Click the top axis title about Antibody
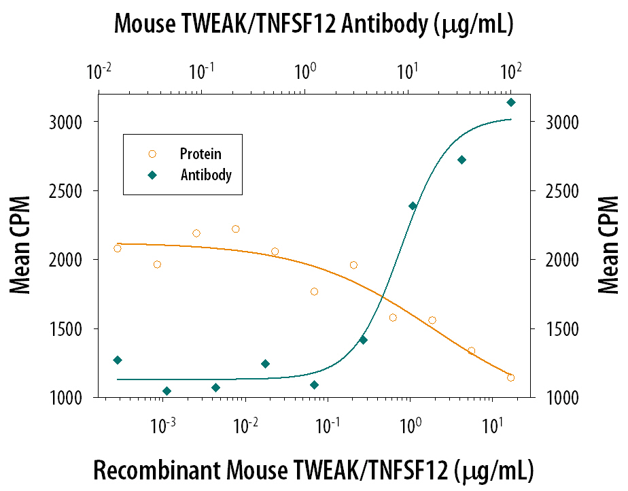pos(313,24)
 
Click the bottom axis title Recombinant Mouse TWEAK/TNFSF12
pos(313,470)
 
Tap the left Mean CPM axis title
pos(21,245)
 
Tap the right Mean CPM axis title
pos(608,245)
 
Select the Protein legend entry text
pos(200,154)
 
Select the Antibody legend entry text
pos(206,175)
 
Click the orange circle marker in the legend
pos(152,154)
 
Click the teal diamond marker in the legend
pos(152,175)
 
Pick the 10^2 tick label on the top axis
pos(510,71)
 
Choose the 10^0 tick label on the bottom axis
pos(409,426)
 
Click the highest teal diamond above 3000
pos(511,103)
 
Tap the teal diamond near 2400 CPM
pos(413,206)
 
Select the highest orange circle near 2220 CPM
pos(236,229)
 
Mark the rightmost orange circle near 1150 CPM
pos(510,377)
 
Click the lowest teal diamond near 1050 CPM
pos(167,391)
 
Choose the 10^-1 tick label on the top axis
pos(202,71)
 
